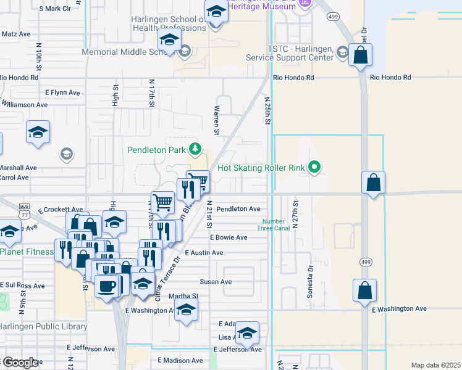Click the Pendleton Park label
click(156, 150)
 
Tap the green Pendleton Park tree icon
click(195, 149)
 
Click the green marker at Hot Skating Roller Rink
click(315, 167)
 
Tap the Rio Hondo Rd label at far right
click(390, 78)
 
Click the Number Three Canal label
click(274, 225)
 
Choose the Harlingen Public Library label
click(43, 326)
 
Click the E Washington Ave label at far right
click(399, 308)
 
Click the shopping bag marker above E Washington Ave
click(365, 290)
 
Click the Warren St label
click(217, 120)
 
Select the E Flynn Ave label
click(62, 92)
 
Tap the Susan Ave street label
click(216, 282)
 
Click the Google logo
click(20, 363)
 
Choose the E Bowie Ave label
click(229, 237)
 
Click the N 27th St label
click(296, 214)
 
